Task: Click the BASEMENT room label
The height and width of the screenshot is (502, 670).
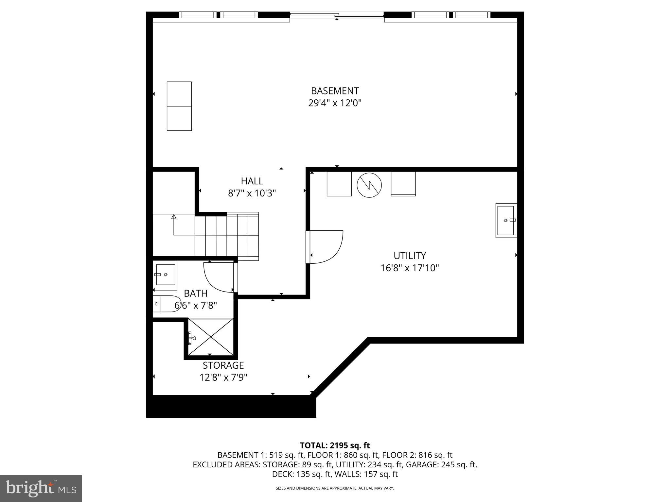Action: point(335,91)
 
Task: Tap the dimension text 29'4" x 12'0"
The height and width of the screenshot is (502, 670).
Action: point(335,103)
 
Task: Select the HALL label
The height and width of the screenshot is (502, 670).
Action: point(252,181)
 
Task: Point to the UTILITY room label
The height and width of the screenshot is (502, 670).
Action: point(410,256)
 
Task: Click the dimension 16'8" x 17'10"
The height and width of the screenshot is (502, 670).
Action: point(410,268)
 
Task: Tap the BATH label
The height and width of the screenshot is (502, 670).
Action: point(196,293)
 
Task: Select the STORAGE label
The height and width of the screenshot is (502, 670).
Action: point(223,365)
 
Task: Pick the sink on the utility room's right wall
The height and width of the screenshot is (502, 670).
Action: point(506,221)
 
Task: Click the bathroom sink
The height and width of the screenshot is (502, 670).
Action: point(166,275)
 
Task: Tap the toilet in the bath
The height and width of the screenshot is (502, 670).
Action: point(167,304)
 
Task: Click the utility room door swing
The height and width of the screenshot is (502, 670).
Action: point(326,247)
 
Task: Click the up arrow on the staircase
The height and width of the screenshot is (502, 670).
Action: point(174,217)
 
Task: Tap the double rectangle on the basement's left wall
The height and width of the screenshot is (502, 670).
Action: point(179,106)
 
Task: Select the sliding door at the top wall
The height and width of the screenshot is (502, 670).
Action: point(337,15)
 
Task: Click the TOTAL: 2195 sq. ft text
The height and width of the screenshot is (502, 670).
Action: point(335,445)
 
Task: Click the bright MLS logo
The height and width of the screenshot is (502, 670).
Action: point(41,489)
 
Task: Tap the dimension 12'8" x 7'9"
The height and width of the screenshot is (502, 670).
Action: point(223,378)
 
